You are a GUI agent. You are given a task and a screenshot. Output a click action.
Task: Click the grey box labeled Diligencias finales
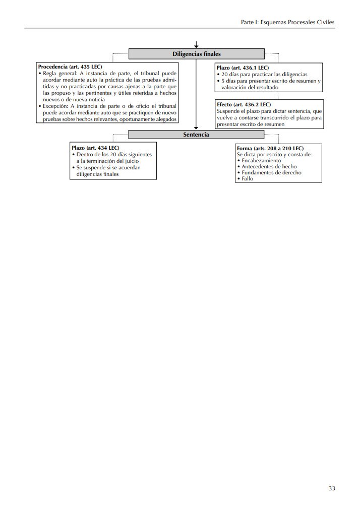pos(196,54)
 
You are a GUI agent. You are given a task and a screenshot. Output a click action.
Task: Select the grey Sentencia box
pos(196,135)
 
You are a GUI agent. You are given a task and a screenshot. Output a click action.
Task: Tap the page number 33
pos(331,488)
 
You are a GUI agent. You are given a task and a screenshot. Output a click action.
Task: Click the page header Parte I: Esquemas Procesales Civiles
pos(287,22)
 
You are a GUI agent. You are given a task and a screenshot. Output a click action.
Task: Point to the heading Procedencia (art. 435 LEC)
pos(70,67)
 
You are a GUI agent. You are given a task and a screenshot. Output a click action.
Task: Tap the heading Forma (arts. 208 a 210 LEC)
pos(270,148)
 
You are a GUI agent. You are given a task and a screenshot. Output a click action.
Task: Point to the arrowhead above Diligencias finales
pos(196,46)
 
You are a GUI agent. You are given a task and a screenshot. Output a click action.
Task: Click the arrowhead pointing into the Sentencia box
pos(196,128)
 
